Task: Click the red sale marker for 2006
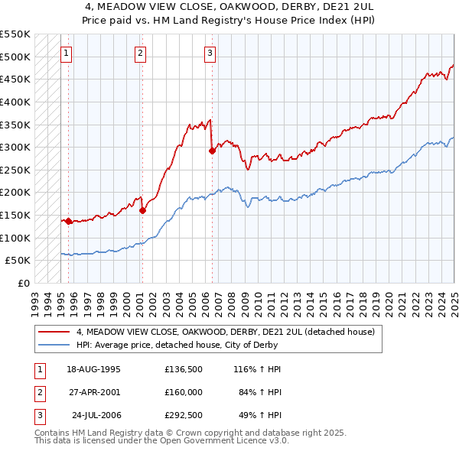(x=212, y=151)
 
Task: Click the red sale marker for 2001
(x=142, y=210)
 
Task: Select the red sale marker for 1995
(x=69, y=221)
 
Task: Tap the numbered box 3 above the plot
(x=210, y=53)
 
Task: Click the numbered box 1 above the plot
(x=67, y=53)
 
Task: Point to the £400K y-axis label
(x=15, y=102)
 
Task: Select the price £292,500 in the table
(x=184, y=417)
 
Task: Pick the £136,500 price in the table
(x=184, y=369)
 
